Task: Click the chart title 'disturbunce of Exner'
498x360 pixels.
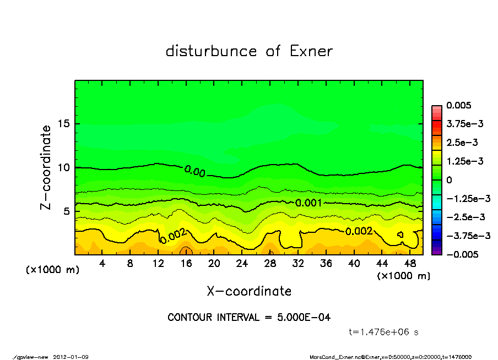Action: click(x=249, y=52)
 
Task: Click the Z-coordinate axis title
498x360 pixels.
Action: click(x=46, y=167)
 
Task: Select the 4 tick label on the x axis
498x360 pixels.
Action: click(x=102, y=263)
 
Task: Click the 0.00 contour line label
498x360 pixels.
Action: click(x=194, y=172)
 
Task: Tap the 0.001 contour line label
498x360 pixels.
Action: click(x=308, y=203)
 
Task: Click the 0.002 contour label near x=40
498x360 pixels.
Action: click(x=359, y=231)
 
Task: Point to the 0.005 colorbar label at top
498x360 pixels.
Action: click(x=459, y=105)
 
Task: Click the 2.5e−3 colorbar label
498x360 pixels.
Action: click(x=462, y=143)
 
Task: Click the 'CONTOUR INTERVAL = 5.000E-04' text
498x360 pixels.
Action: click(x=249, y=318)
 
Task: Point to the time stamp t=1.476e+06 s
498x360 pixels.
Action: click(x=385, y=332)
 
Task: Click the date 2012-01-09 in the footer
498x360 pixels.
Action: click(x=71, y=357)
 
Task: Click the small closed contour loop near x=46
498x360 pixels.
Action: click(x=400, y=234)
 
